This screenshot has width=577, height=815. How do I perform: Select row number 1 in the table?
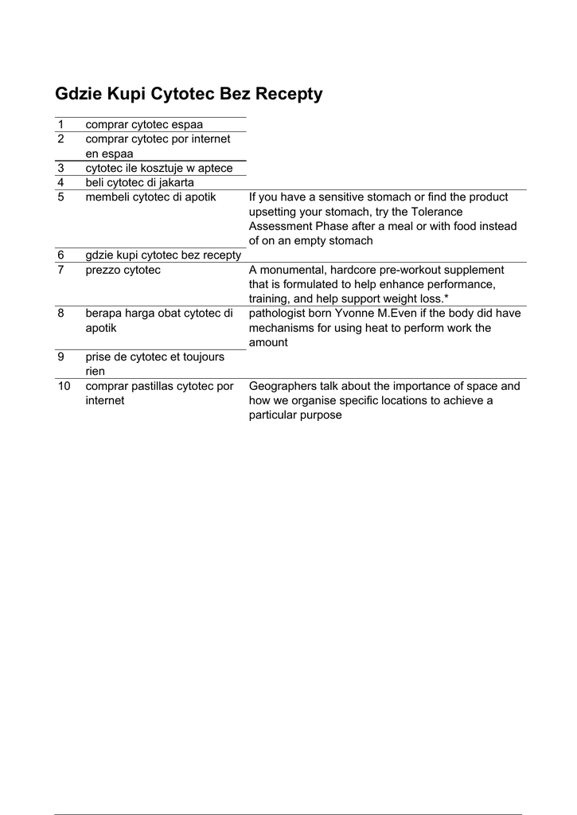(60, 125)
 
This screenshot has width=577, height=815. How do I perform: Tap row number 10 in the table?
(64, 386)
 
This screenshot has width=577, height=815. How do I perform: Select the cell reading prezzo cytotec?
(123, 270)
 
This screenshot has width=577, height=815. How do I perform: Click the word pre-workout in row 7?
(396, 270)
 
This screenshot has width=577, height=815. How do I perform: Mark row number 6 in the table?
(60, 255)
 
